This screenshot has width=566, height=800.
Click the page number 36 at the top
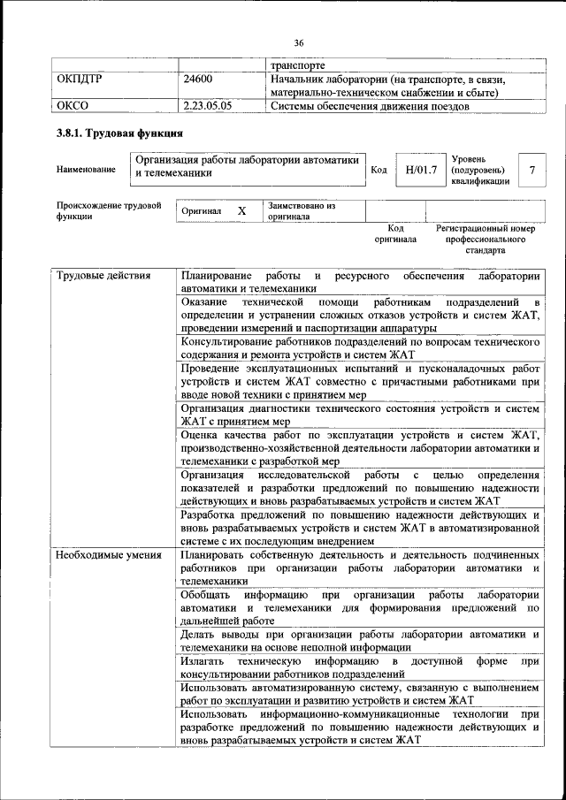tap(299, 42)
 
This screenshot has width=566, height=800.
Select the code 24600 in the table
tap(197, 79)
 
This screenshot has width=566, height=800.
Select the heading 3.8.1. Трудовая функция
tap(119, 134)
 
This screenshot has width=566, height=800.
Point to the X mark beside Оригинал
tap(241, 212)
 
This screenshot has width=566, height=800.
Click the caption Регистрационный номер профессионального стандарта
tap(486, 239)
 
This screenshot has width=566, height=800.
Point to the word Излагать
tap(204, 661)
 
